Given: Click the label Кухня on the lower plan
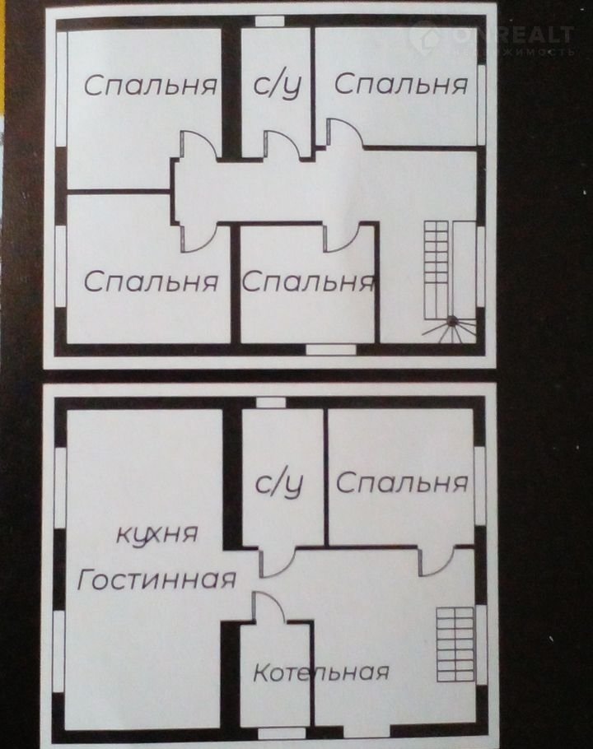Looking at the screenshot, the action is click(x=157, y=534).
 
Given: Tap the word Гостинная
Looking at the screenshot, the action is click(x=156, y=580).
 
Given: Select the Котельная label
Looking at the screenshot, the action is click(x=320, y=672).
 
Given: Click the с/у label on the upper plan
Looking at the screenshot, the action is click(x=278, y=86).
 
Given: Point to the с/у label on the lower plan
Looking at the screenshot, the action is click(x=279, y=484).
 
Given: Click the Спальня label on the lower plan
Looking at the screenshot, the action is click(x=402, y=483).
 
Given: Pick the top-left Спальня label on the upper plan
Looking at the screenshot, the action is click(x=151, y=86).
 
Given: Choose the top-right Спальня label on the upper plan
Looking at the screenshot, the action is click(x=401, y=84).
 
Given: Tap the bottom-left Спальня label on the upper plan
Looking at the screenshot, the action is click(x=151, y=281).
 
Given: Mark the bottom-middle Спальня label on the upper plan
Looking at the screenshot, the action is click(x=308, y=281).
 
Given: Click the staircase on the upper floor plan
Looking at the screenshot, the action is click(x=450, y=281).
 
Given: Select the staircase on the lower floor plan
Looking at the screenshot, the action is click(x=455, y=644).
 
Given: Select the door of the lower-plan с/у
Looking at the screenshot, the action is click(x=278, y=564).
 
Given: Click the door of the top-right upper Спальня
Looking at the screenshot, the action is click(x=345, y=133).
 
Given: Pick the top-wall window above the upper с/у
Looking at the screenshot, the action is click(x=270, y=21).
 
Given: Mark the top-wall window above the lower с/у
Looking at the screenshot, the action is click(x=271, y=402).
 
